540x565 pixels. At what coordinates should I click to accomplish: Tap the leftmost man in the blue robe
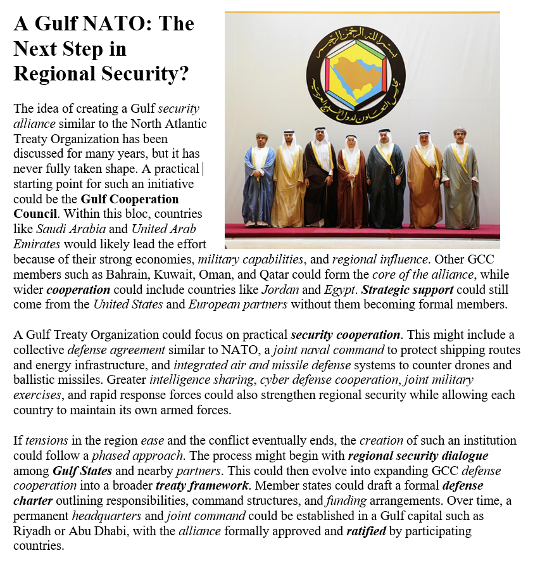(258, 181)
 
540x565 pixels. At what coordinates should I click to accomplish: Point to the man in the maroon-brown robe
(351, 184)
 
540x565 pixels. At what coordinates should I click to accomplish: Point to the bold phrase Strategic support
(406, 289)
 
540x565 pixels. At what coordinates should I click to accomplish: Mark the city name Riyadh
(31, 531)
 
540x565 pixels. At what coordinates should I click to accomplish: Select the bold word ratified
(367, 531)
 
